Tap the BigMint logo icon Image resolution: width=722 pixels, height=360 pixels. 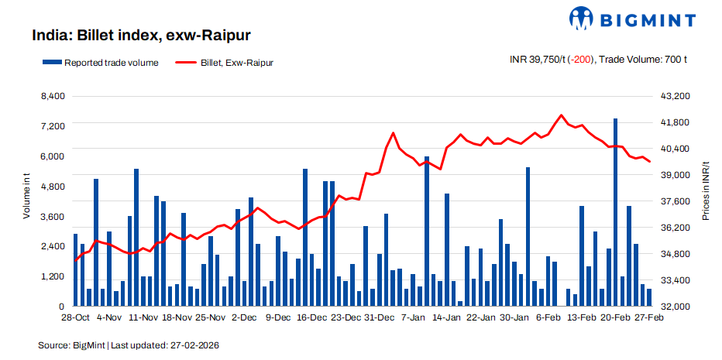583,18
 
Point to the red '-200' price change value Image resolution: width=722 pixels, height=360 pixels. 579,60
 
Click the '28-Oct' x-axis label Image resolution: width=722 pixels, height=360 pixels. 74,317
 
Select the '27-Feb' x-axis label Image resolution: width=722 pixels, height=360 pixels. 649,317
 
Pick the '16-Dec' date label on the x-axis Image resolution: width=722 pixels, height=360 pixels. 312,317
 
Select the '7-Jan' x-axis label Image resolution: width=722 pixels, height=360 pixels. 413,317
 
